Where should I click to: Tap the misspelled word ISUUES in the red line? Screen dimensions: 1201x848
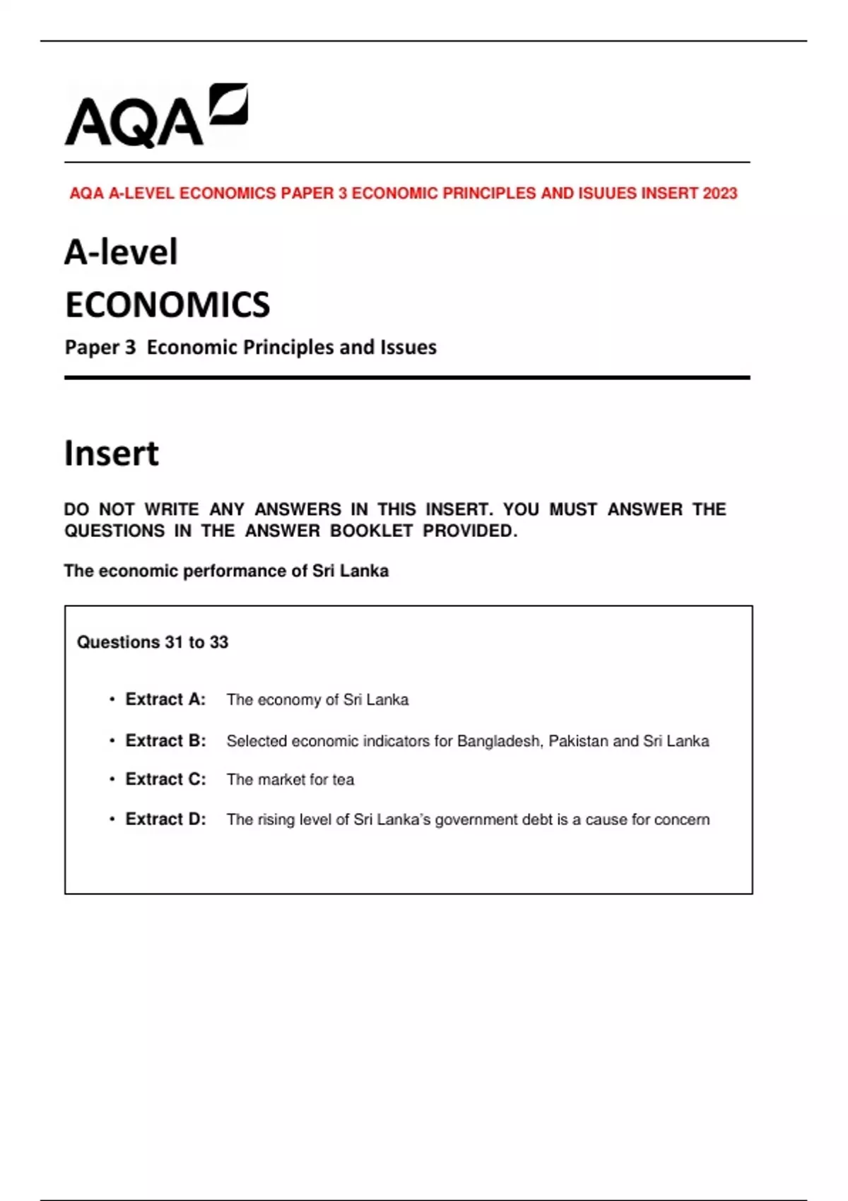pos(607,194)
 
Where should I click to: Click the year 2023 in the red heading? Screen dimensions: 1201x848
pos(719,194)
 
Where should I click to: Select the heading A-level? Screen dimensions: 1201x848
pos(121,252)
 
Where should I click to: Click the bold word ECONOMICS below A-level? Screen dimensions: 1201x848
pos(167,305)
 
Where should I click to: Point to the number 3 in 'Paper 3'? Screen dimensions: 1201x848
pos(129,348)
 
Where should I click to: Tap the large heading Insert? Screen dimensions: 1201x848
pos(112,454)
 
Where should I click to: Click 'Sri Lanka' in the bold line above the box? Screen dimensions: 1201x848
pos(351,571)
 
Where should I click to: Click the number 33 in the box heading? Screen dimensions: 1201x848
pos(219,642)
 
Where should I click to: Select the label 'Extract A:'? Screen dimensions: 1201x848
pos(165,699)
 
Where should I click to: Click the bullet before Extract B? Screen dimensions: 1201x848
pos(112,741)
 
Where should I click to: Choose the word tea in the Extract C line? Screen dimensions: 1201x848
pos(343,780)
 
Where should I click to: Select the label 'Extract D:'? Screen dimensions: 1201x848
pos(165,820)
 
